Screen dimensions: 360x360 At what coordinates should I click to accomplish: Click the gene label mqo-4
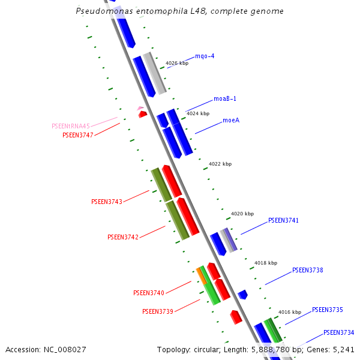205,56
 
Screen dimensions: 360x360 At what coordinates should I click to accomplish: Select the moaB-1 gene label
225,99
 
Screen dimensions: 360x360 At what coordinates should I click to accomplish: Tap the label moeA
231,120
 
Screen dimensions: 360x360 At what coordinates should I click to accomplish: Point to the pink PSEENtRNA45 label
71,126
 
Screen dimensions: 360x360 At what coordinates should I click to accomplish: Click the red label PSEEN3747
77,135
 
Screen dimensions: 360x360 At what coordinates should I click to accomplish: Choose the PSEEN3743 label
106,202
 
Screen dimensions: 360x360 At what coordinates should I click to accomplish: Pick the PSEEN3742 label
123,237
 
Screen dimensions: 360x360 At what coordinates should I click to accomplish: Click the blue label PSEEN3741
283,220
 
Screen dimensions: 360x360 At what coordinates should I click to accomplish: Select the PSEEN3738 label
307,271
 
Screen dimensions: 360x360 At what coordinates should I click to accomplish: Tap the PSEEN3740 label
148,293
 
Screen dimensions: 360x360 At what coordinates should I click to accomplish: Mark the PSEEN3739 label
157,311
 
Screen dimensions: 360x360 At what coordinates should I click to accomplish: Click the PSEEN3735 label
327,310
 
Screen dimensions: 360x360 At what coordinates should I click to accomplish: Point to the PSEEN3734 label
338,332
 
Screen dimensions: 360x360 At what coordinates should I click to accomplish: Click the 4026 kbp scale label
177,63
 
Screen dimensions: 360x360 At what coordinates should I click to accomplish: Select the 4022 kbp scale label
220,164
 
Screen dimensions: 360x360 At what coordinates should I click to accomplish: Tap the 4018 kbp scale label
266,263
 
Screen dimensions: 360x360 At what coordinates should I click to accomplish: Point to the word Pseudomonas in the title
100,11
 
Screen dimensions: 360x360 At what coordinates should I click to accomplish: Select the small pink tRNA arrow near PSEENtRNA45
140,109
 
